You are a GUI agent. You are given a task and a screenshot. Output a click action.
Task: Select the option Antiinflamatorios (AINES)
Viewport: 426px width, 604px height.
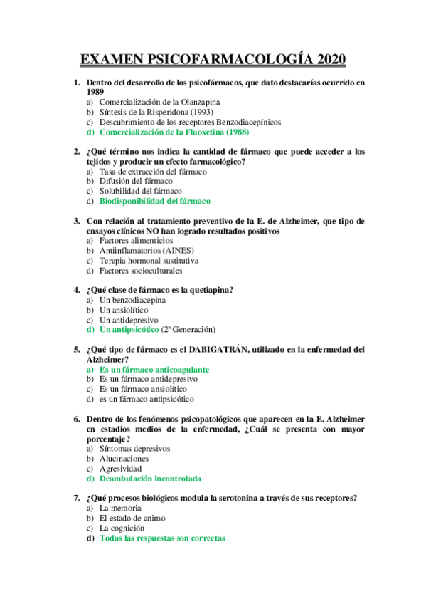[147, 251]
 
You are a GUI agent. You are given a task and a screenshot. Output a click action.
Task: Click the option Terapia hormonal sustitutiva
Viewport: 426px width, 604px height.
[149, 261]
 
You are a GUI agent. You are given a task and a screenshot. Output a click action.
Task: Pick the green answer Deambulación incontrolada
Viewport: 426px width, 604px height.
[150, 479]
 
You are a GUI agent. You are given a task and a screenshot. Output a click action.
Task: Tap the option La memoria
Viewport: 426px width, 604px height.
[120, 509]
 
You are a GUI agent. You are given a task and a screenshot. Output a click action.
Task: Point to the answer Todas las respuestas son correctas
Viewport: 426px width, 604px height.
[162, 538]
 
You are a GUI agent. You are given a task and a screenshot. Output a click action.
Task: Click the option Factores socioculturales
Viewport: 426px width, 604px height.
[141, 271]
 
